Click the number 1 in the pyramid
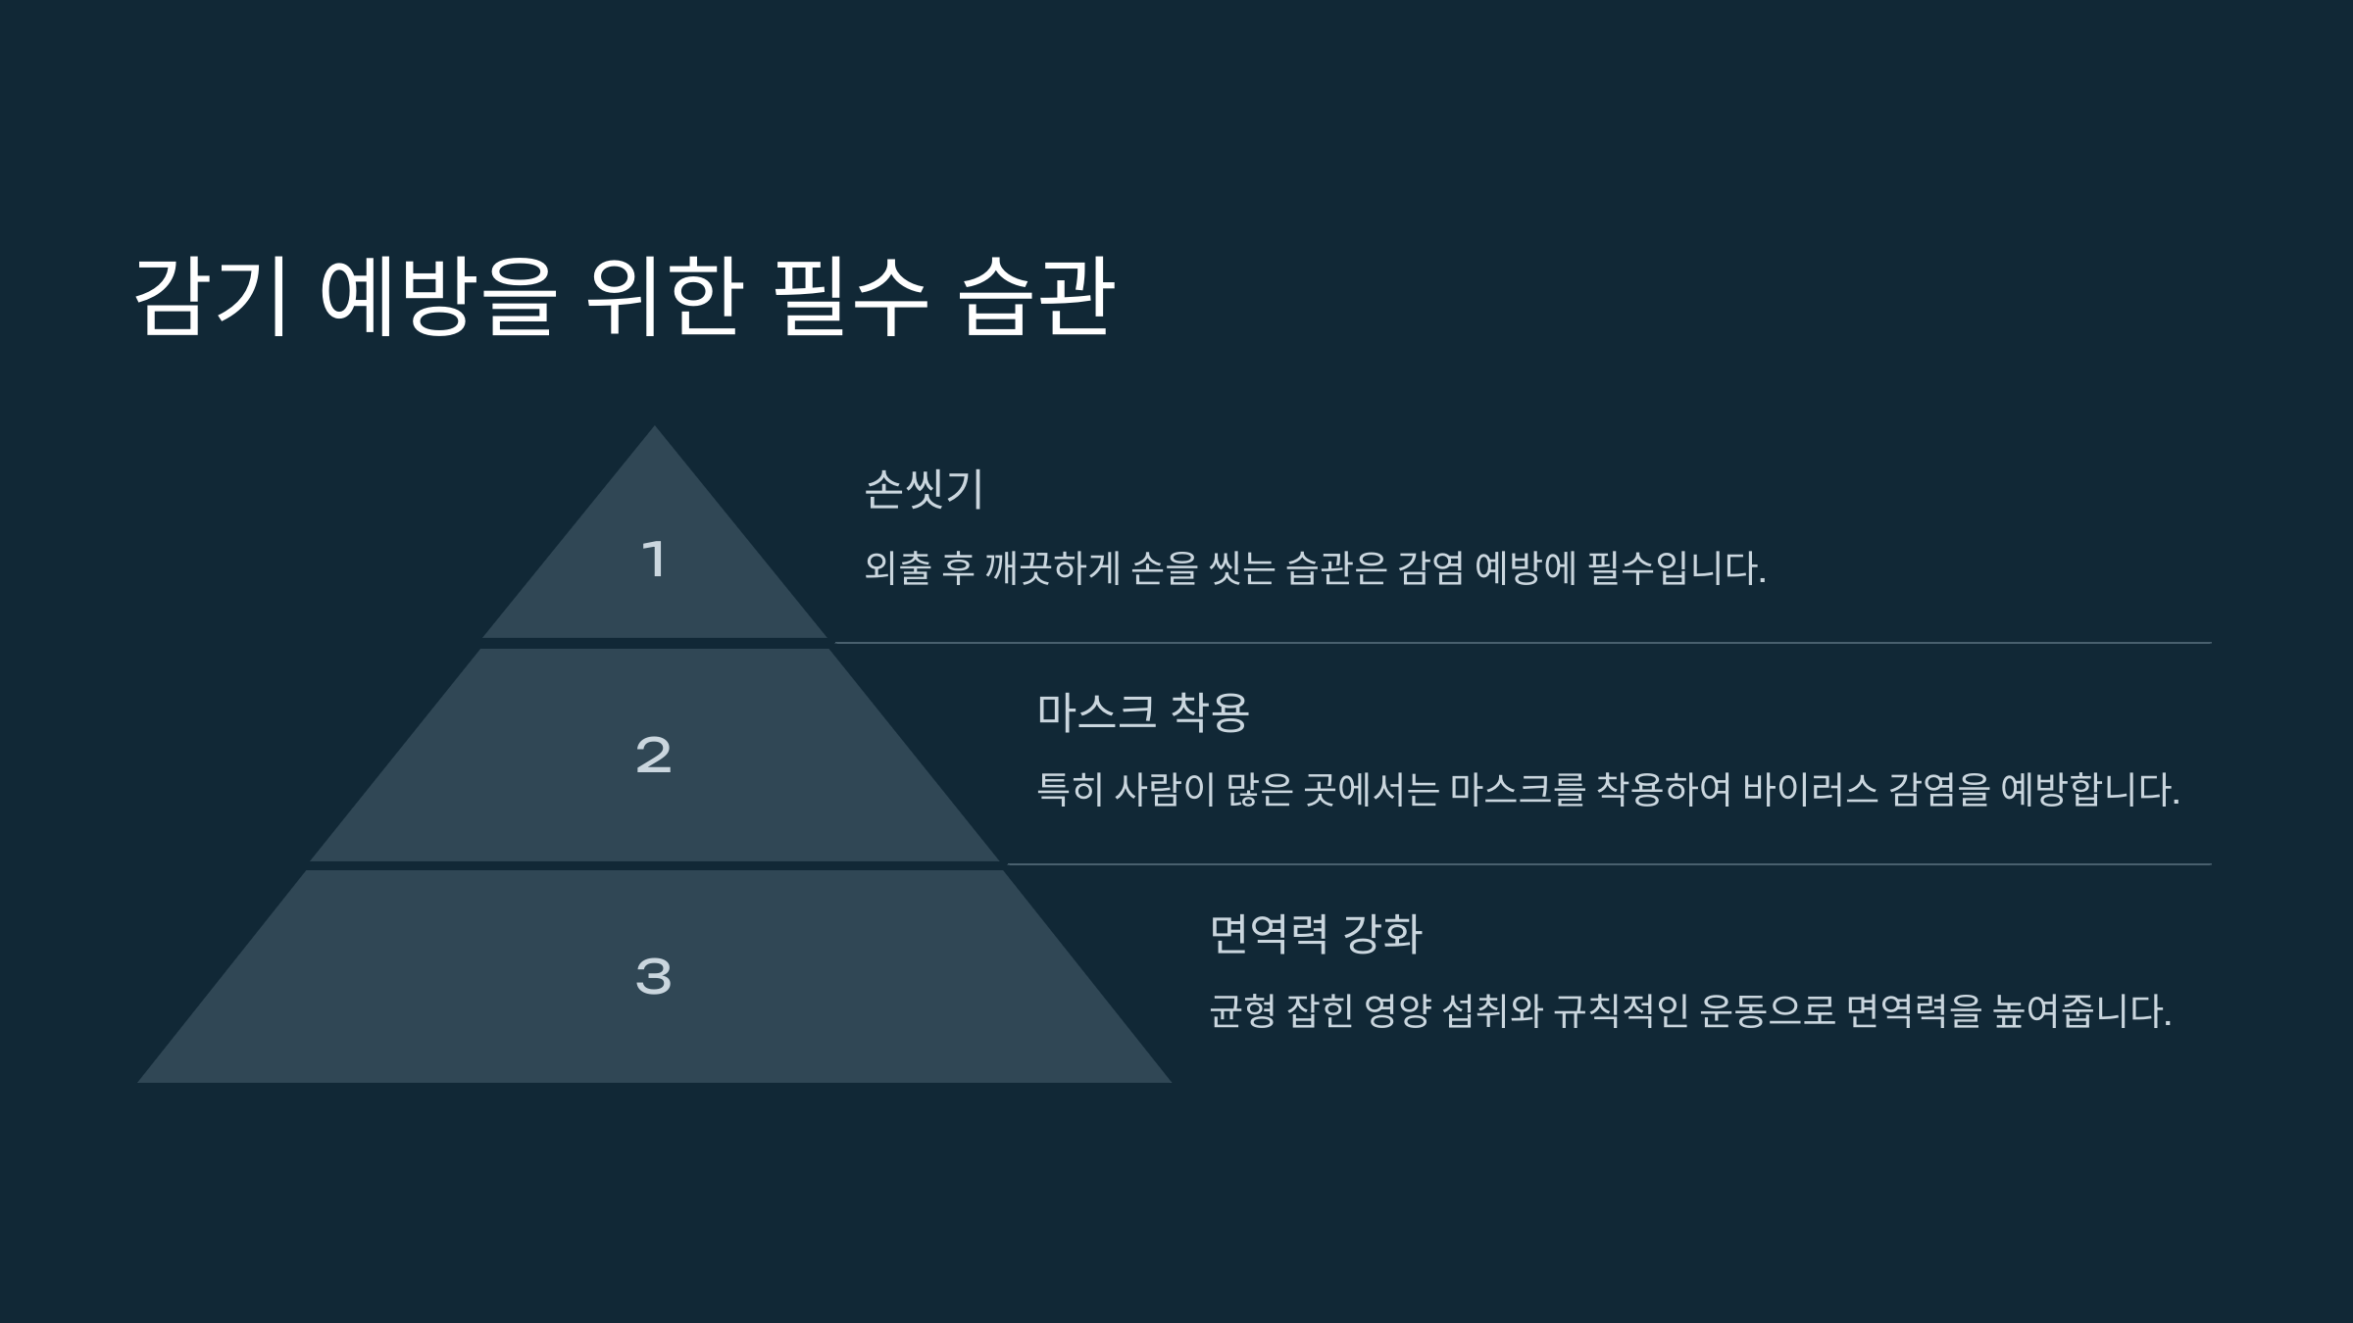(654, 561)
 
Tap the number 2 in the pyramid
(654, 756)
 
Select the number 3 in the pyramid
(654, 977)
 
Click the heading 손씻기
(924, 489)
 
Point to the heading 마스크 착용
(1143, 711)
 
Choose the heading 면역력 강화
(1316, 933)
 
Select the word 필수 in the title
(850, 297)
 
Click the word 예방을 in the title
(438, 297)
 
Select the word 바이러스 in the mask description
(1810, 790)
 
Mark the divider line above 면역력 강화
(1608, 864)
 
